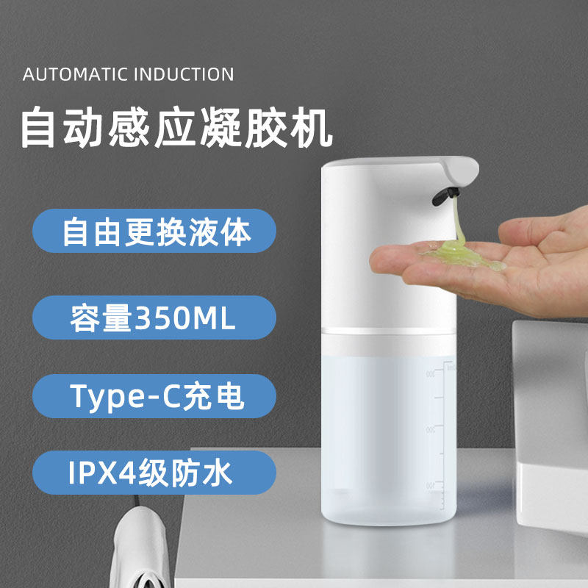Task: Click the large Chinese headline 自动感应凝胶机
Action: coord(176,128)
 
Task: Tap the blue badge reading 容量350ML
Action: coord(154,318)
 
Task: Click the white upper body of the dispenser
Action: coord(382,250)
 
